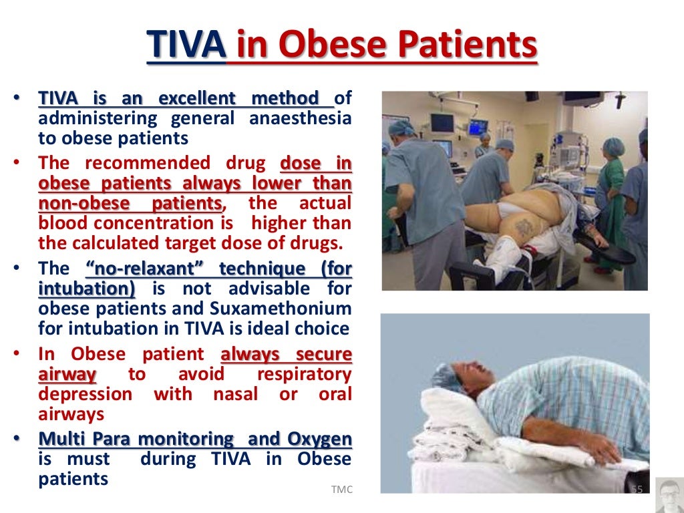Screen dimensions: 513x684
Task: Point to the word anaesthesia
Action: pos(300,119)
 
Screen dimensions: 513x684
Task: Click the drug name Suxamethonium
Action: pos(296,309)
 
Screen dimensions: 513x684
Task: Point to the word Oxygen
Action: pos(319,439)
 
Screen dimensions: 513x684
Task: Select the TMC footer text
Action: pos(341,490)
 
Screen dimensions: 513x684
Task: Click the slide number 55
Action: pos(637,490)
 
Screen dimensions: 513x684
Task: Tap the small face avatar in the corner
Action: pos(669,495)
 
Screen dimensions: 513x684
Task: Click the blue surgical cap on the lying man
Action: pos(446,376)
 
